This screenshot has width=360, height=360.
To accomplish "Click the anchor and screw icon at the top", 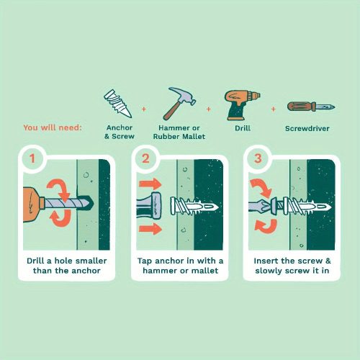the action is pos(117,104).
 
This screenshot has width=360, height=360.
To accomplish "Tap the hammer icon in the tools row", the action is pos(179,104).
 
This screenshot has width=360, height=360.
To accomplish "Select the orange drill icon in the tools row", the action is pos(242,105).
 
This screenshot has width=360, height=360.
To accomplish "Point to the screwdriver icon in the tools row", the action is pos(311,107).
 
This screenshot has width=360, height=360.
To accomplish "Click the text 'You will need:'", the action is pos(53,127).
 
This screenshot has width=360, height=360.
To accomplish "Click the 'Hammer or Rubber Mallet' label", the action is pos(179,132).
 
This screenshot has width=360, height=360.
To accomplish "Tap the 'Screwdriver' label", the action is pos(307,128).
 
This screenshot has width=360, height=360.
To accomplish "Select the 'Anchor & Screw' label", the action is pos(120,132).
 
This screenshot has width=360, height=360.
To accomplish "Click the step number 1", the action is pos(32,158).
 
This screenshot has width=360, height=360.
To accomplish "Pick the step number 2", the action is pos(145,158).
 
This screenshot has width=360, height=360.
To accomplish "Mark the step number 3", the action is pos(258,158).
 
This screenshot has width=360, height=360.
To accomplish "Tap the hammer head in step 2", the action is pos(156,206).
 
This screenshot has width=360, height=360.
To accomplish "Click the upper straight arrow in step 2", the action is pos(150,184).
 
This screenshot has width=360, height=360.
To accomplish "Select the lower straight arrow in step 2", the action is pos(150,229).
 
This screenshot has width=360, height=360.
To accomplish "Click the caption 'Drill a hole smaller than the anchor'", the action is pos(67,266).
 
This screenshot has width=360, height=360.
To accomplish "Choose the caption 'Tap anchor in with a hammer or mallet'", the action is pos(180,266).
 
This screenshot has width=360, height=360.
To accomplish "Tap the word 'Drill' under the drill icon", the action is pos(243,128).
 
